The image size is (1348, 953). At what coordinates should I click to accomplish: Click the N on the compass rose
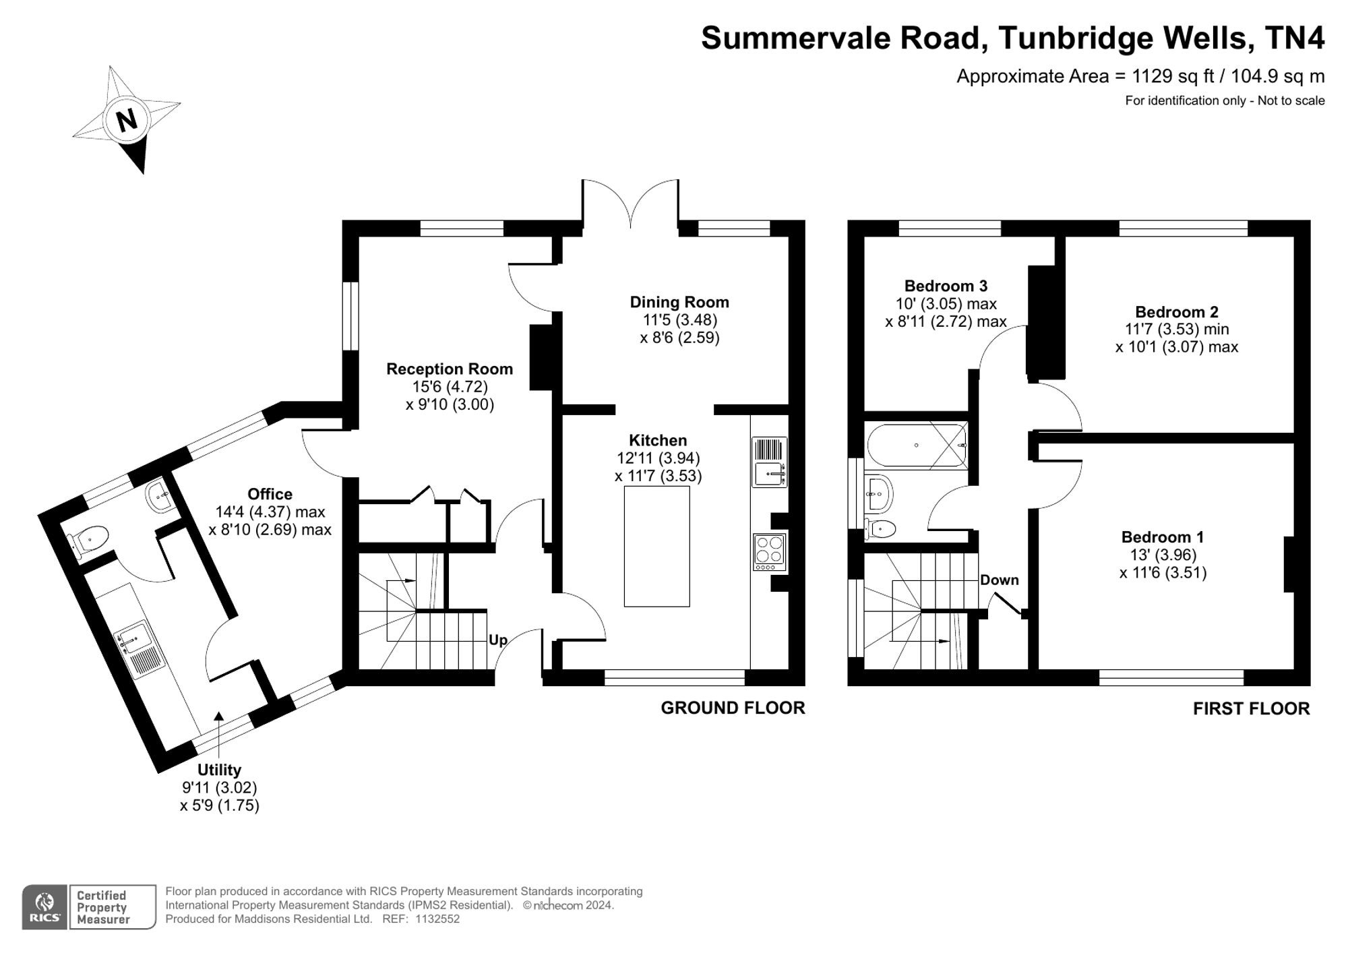pos(127,121)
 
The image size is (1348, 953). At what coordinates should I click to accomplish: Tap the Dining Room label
pos(679,302)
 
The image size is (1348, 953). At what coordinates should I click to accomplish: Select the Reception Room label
pos(450,369)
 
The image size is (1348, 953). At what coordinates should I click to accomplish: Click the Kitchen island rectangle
pos(657,546)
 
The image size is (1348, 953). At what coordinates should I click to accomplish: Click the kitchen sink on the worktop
pos(769,462)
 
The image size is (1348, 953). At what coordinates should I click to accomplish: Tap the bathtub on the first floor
pos(917,445)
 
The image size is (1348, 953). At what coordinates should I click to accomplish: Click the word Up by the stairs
pos(497,640)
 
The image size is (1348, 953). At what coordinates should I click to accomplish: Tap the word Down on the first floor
pos(999,580)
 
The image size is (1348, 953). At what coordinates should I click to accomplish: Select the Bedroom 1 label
pos(1163,537)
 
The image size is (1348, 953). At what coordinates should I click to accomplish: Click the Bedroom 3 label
pos(946,286)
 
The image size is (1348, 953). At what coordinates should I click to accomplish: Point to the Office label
pos(270,494)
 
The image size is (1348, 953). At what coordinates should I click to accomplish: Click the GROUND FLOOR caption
pos(733,708)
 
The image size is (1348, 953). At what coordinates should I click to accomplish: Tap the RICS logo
pos(44,907)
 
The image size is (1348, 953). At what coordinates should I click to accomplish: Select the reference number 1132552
pos(437,919)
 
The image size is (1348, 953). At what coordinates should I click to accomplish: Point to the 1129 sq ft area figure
pos(1173,77)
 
